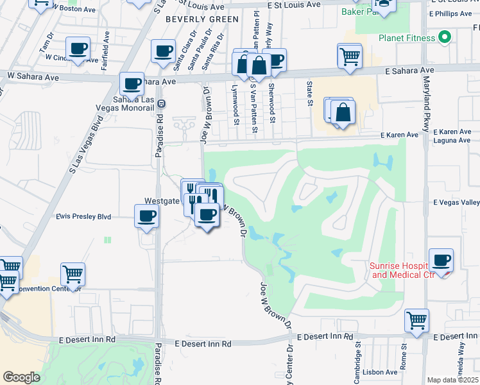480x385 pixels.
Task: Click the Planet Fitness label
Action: coord(406,38)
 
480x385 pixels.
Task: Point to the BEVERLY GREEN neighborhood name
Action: coord(193,19)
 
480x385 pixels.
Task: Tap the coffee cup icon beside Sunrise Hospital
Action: coord(441,261)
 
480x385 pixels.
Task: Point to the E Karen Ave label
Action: coord(399,135)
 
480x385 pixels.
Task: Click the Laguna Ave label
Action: coord(452,141)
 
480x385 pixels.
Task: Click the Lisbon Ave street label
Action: coord(380,372)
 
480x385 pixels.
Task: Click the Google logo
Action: coord(21,377)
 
